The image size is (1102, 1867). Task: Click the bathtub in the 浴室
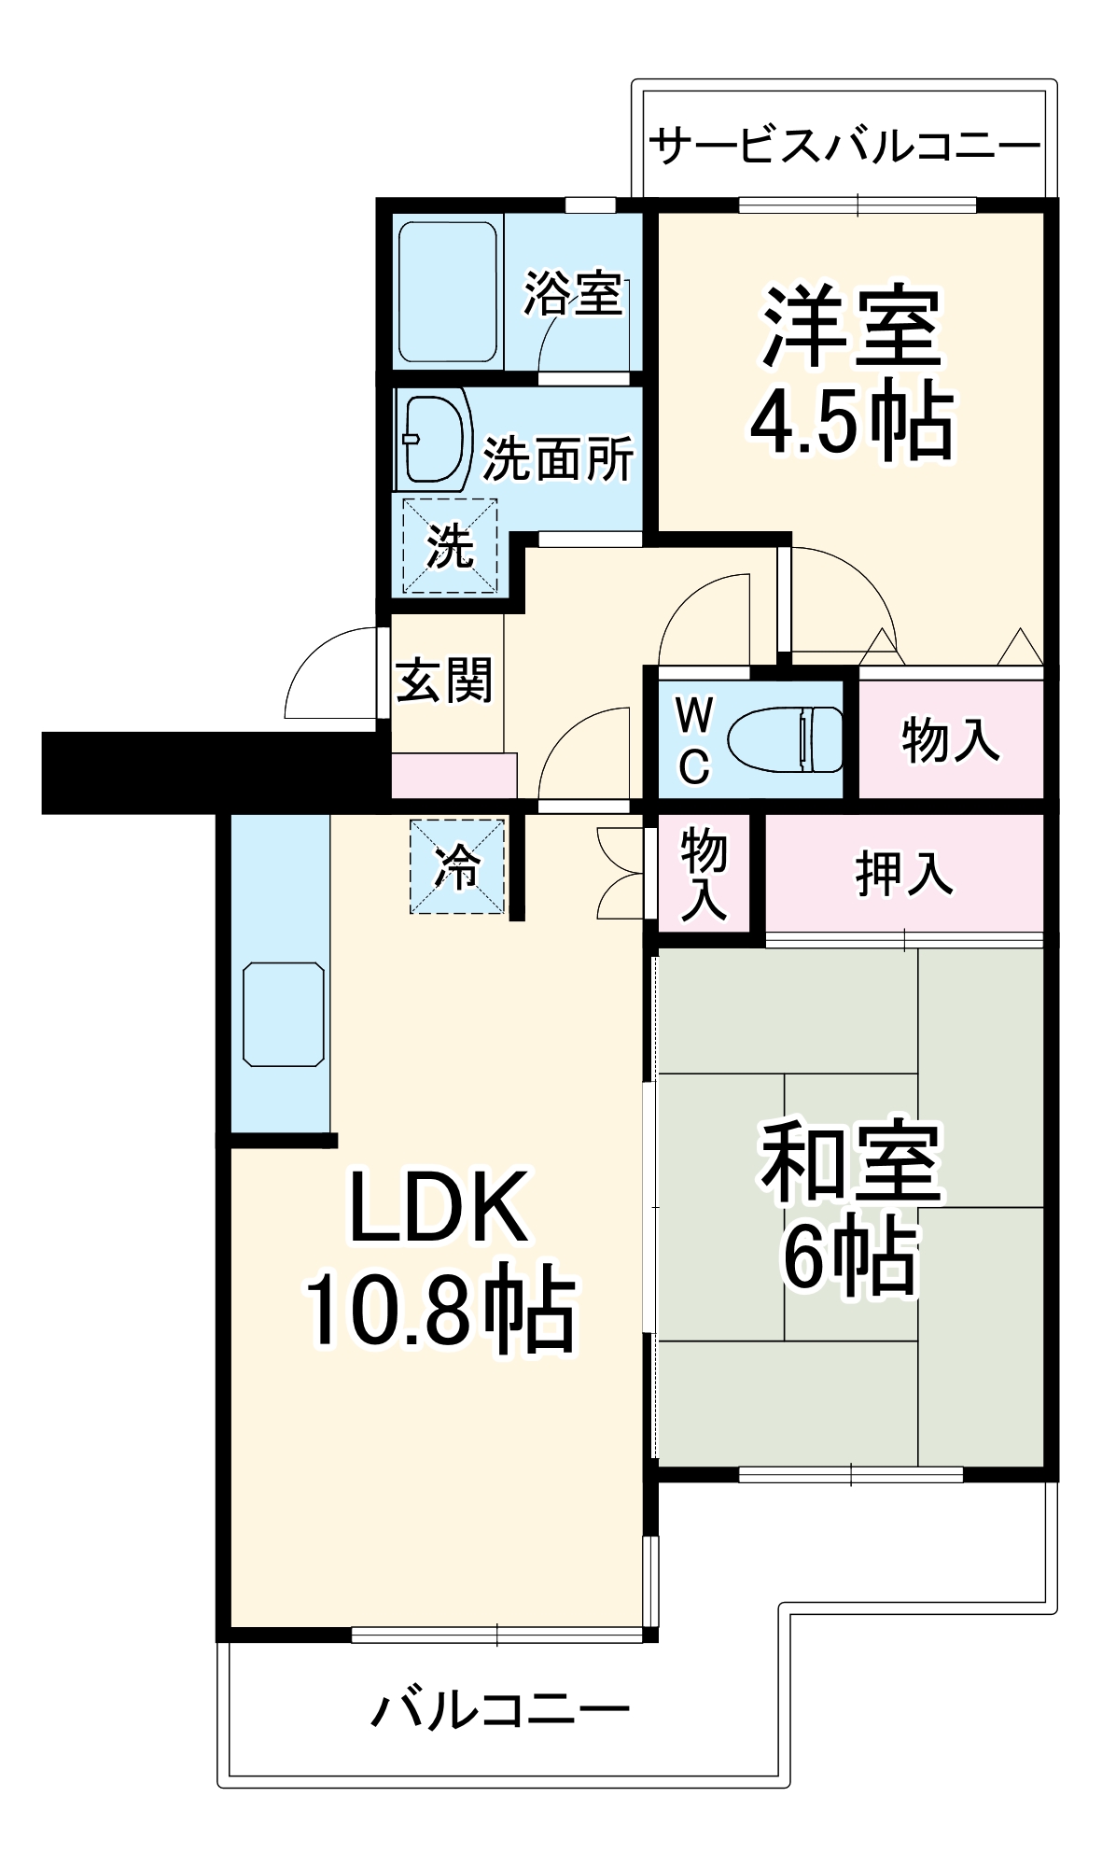447,291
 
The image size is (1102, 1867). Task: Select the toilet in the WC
784,739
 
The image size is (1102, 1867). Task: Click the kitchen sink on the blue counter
283,1014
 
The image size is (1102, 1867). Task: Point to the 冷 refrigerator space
457,866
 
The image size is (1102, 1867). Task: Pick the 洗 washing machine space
450,545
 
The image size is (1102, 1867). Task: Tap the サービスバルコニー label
844,147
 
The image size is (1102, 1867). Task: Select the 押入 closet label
903,874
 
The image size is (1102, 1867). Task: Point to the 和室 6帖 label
851,1206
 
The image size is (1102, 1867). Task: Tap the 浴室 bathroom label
572,293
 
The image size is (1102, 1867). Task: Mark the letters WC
693,740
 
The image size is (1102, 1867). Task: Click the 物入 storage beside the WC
950,739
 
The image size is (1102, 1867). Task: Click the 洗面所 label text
558,457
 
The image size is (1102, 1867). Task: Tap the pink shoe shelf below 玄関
453,775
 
